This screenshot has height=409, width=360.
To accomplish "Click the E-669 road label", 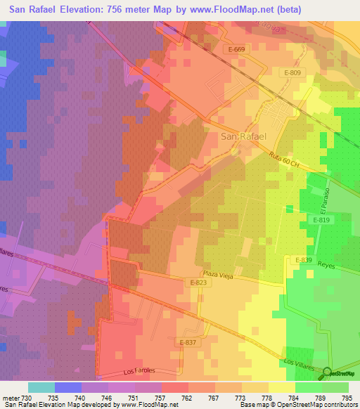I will coord(237,49).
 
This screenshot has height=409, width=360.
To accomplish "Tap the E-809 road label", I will coord(293,73).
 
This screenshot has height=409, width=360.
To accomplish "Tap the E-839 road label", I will coord(303,260).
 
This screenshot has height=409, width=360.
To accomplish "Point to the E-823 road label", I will coord(199,283).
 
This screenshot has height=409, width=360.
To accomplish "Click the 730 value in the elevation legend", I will coord(27,398).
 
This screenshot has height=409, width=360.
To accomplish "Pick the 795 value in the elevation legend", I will coord(347,398).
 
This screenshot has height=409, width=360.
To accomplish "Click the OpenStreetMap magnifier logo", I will coord(327,372).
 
